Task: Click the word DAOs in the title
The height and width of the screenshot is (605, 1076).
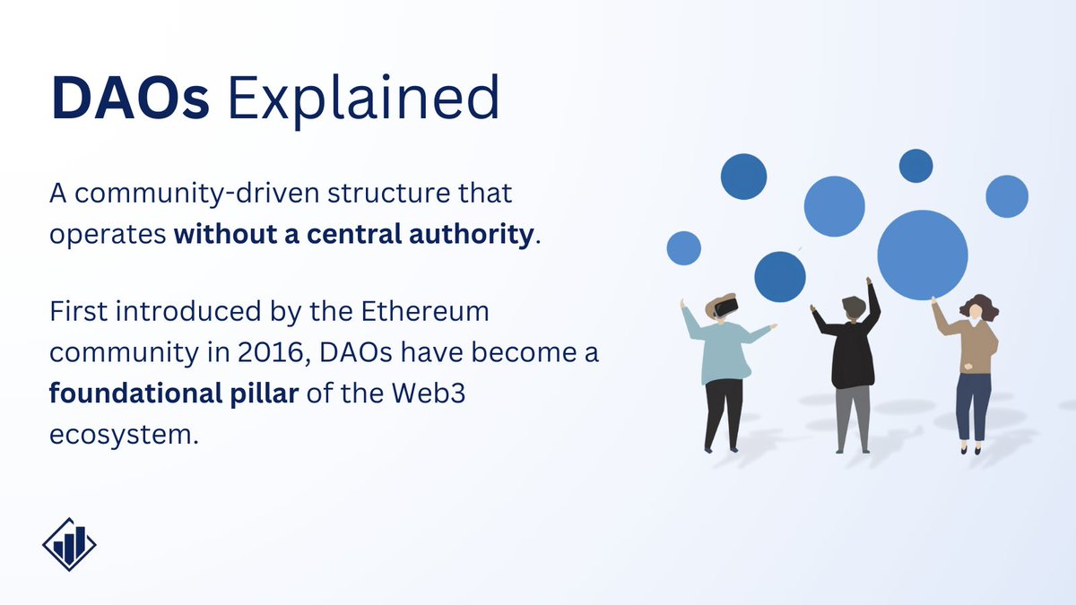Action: [130, 98]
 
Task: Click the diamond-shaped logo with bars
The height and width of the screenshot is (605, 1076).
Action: [69, 544]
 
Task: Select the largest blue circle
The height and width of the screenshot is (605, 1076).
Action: [922, 255]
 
